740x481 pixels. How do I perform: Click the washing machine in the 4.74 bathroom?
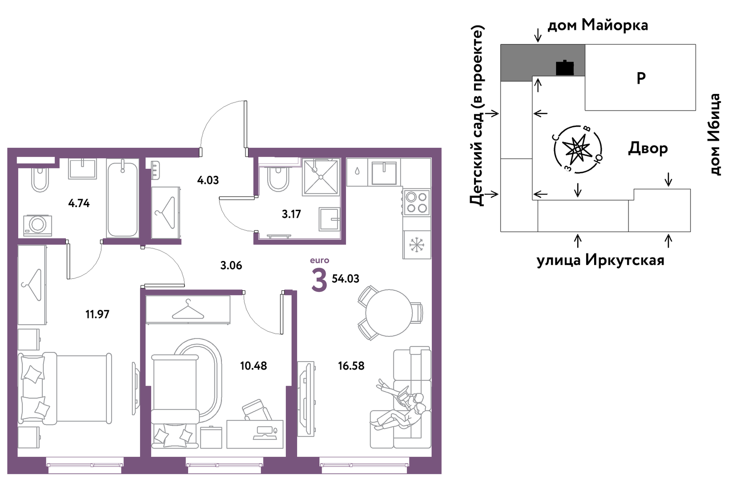38,225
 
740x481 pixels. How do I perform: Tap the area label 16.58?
351,366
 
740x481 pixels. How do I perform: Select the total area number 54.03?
345,278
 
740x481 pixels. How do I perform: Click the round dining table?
389,313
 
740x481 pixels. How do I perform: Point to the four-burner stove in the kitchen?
417,203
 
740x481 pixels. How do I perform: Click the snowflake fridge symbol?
417,245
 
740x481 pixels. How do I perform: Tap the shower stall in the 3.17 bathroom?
321,177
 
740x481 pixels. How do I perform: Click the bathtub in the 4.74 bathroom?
122,199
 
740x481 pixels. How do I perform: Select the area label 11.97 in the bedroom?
97,314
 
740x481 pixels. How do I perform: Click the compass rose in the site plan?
578,150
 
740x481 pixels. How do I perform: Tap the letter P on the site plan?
641,78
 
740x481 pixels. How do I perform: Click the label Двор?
648,148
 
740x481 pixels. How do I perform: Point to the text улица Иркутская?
600,261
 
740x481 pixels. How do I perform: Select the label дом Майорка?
598,25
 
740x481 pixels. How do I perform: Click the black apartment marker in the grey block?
565,68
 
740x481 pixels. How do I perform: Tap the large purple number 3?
319,280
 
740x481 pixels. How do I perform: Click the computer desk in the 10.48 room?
255,434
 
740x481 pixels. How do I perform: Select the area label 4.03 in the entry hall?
208,180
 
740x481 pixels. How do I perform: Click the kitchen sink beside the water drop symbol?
384,173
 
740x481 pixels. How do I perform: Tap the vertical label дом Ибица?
715,135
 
